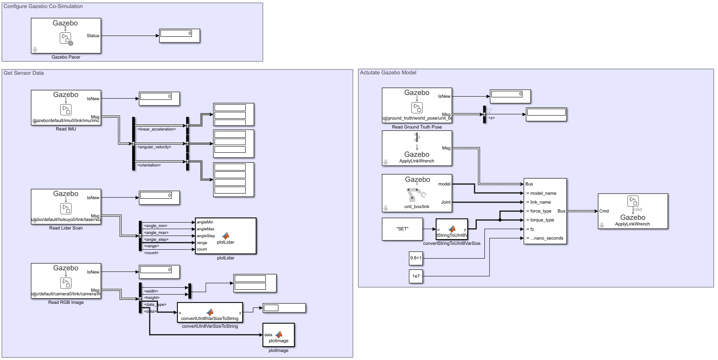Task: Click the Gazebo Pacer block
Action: tap(66, 36)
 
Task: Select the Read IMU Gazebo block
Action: tap(66, 107)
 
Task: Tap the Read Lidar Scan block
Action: tap(66, 206)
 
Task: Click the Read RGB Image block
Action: tap(66, 281)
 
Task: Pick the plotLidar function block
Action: tap(225, 236)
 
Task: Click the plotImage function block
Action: tap(278, 335)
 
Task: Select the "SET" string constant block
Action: tap(402, 229)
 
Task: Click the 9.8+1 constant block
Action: tap(416, 258)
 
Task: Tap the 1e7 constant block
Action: tap(416, 276)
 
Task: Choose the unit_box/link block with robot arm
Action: tap(417, 193)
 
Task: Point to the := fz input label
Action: tap(530, 229)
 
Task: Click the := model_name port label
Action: tap(541, 193)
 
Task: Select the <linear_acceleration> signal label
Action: tap(156, 129)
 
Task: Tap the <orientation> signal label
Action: tap(149, 165)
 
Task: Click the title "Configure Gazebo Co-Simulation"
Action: tap(43, 6)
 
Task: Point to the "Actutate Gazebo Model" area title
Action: tap(388, 73)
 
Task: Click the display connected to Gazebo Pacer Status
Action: tap(179, 36)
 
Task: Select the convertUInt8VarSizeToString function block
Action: tap(210, 312)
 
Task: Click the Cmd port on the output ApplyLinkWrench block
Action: tap(604, 211)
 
